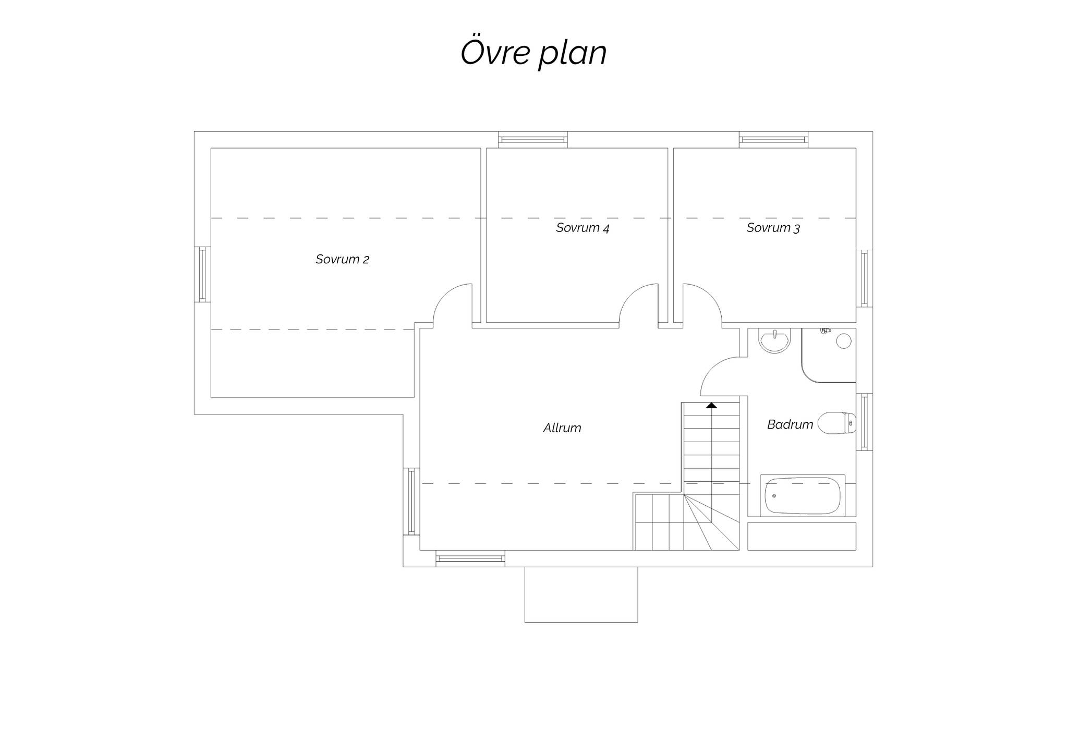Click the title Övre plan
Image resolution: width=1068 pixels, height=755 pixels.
[533, 53]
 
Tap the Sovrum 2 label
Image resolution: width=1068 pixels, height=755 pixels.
[342, 259]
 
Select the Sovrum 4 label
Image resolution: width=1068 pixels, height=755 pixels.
[582, 227]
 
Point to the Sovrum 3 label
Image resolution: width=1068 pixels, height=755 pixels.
[773, 227]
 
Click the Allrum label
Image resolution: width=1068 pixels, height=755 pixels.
[562, 428]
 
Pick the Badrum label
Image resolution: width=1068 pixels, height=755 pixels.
[790, 424]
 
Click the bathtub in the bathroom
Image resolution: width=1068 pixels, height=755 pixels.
[803, 496]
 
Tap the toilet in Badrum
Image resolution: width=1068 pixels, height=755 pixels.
[836, 423]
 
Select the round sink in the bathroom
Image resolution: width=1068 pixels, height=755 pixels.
[775, 341]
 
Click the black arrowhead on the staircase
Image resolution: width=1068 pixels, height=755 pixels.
[711, 405]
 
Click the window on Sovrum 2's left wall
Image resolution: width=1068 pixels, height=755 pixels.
[202, 274]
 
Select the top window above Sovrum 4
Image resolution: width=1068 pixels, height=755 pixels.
[532, 139]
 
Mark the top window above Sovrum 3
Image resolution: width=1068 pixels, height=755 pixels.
[773, 139]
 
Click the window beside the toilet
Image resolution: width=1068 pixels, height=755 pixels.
[864, 422]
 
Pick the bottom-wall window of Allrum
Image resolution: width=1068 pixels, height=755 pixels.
[470, 558]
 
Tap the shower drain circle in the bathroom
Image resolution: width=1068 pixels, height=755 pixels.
[844, 342]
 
